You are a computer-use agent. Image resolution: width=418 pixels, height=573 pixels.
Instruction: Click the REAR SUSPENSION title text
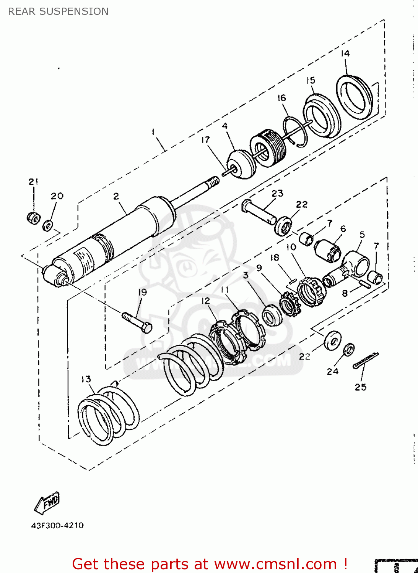coord(58,11)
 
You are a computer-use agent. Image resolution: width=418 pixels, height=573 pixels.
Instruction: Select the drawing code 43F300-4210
coord(57,525)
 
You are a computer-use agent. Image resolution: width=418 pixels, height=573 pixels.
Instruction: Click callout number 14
coord(345,53)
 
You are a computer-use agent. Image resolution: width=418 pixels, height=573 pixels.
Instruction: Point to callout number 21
coord(33,181)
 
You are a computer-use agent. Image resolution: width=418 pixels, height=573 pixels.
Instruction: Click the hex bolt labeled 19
coord(137,322)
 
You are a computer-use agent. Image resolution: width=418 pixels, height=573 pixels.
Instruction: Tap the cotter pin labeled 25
coord(366,360)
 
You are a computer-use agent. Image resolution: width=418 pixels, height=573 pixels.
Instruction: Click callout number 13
coord(86,379)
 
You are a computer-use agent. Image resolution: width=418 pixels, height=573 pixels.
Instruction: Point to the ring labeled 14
coord(355,97)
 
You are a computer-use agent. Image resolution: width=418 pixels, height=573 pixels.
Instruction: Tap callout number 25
coord(360,387)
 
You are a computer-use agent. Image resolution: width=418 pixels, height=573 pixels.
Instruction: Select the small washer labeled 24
coord(349,349)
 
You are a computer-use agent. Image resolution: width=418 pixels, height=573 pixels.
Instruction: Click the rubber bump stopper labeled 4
coord(241,164)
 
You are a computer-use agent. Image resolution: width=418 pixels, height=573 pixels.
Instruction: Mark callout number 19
coord(142,292)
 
